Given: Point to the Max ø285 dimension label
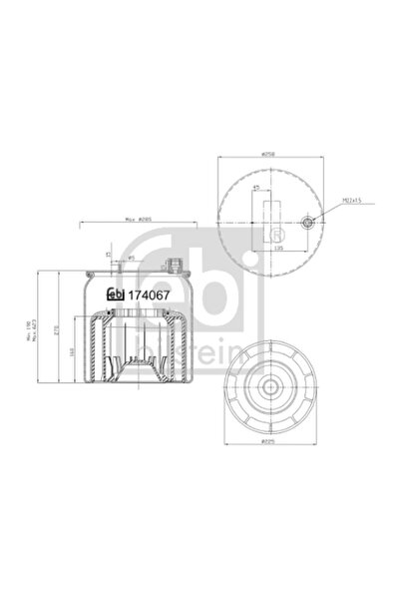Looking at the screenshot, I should click(139, 223).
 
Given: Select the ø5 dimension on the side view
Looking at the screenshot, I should click(131, 258).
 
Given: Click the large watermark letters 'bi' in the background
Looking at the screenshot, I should click(235, 280).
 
